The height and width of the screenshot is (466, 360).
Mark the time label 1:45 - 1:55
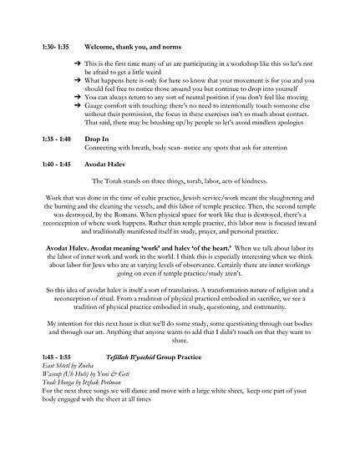click(x=55, y=394)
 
